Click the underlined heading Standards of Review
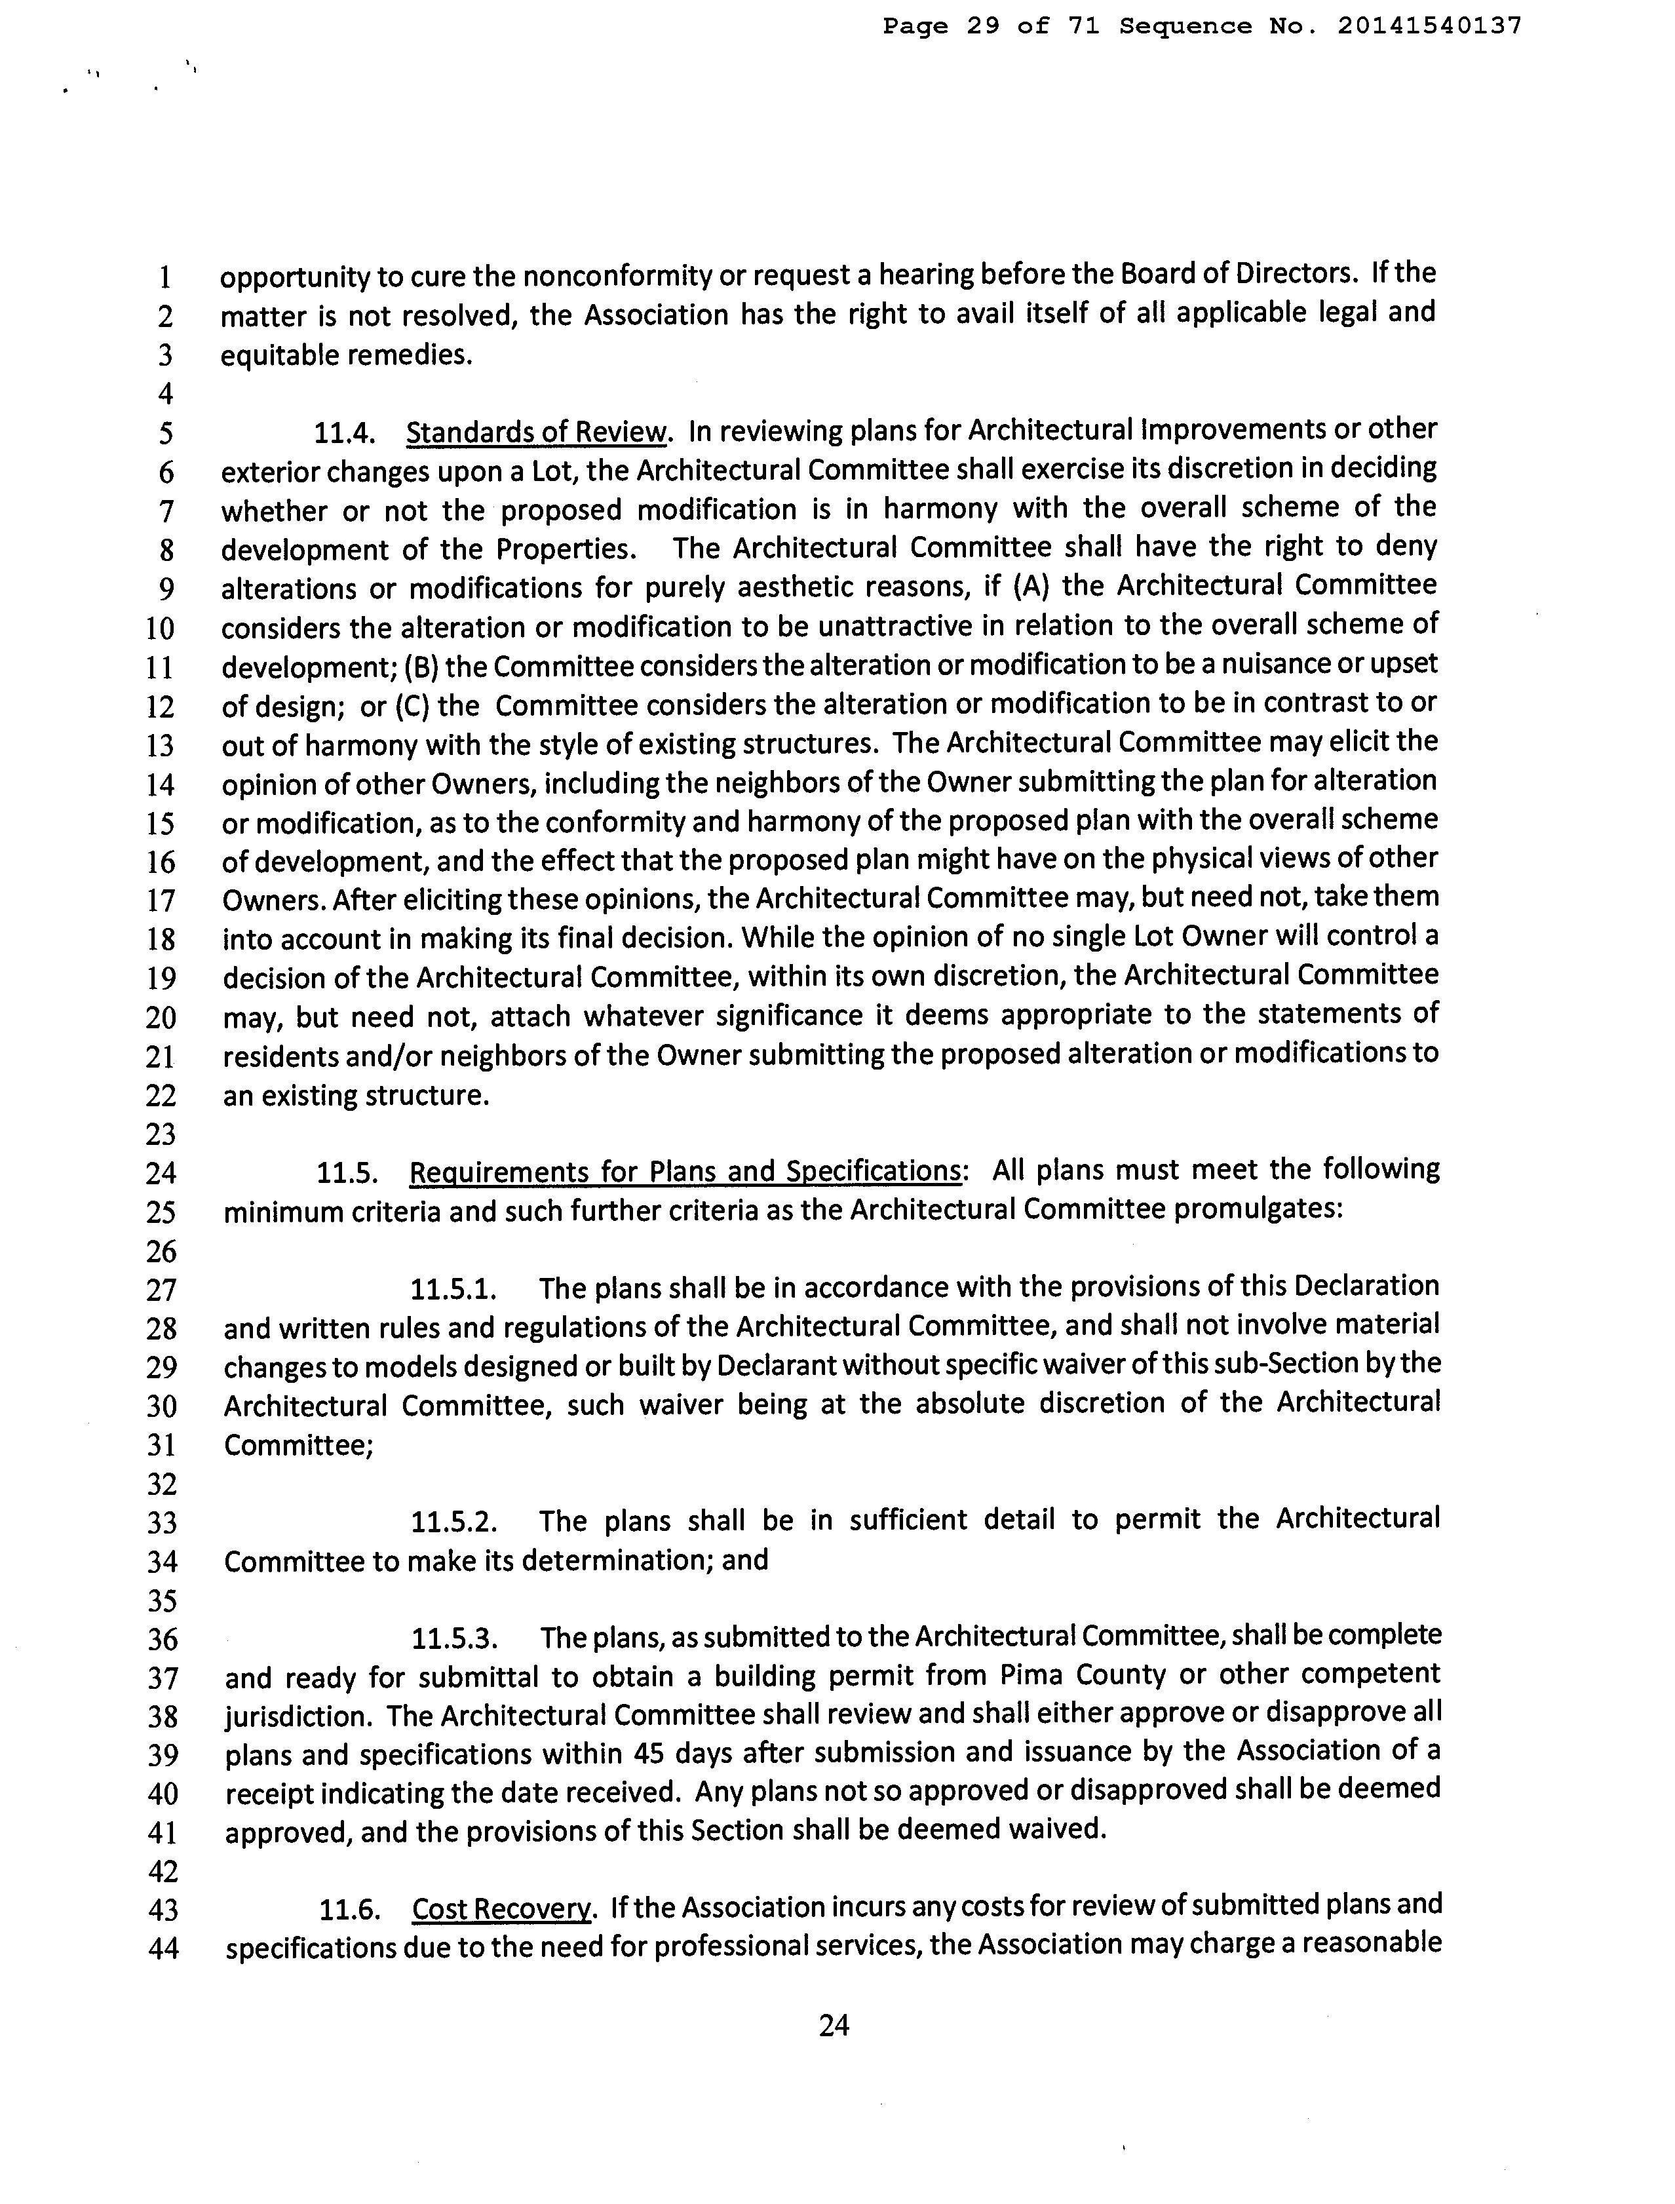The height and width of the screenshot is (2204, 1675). [x=535, y=432]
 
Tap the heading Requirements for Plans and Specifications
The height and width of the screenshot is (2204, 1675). [x=685, y=1170]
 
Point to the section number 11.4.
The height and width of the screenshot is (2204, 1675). [x=344, y=433]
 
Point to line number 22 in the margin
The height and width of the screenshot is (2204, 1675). [x=161, y=1096]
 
